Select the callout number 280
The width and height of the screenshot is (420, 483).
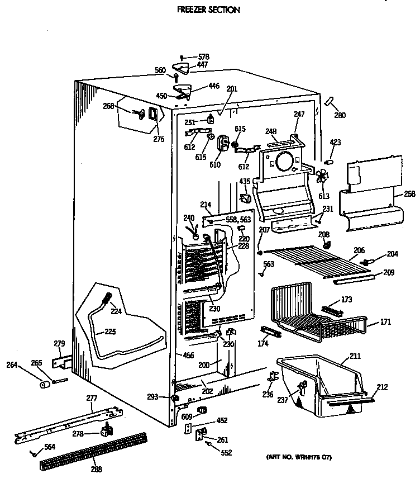(x=340, y=116)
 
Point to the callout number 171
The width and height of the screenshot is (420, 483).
(x=385, y=322)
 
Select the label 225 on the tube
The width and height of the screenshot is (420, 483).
(x=111, y=332)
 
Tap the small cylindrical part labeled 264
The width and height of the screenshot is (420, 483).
(x=42, y=385)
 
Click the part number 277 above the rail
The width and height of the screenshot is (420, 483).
(x=92, y=398)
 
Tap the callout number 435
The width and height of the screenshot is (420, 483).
(x=245, y=181)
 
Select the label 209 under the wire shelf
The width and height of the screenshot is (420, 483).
(x=389, y=273)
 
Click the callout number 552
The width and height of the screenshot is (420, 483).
(x=226, y=453)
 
